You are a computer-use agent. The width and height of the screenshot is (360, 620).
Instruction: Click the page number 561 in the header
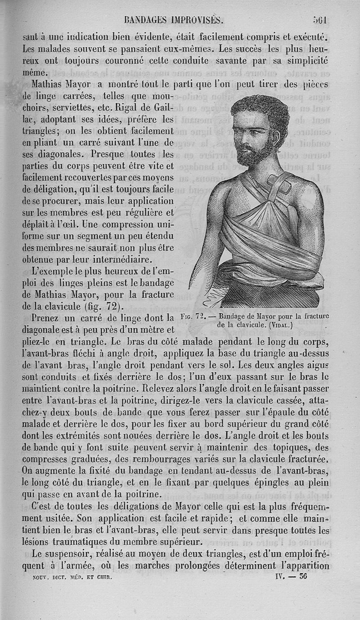point(322,19)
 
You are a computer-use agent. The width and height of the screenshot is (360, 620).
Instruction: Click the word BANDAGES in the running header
point(143,20)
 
